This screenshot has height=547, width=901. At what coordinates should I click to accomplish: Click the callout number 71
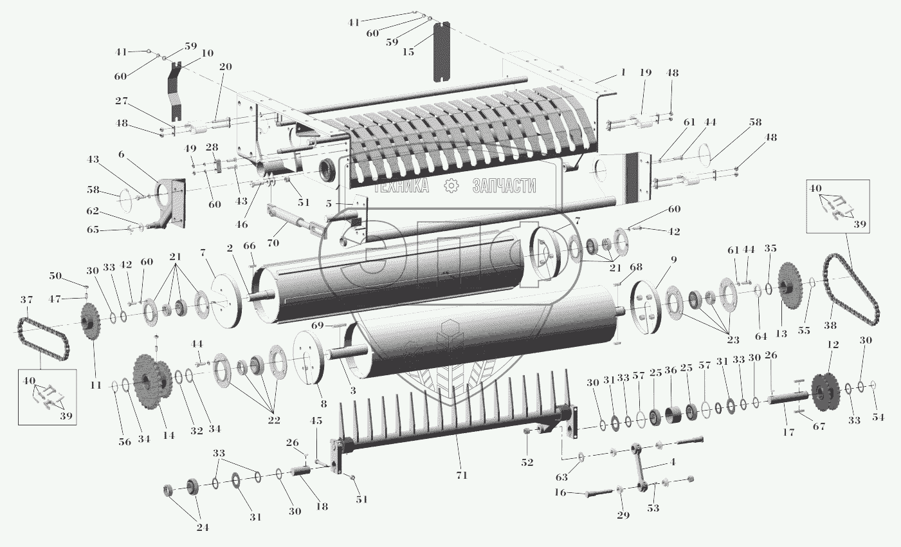coord(461,476)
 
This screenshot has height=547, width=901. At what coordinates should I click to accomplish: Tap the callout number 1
coord(623,73)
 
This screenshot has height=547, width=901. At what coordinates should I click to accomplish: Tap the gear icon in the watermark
coord(451,185)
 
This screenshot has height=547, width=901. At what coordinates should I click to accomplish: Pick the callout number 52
coord(527,462)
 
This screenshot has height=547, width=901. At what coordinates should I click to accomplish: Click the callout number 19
coord(646,73)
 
